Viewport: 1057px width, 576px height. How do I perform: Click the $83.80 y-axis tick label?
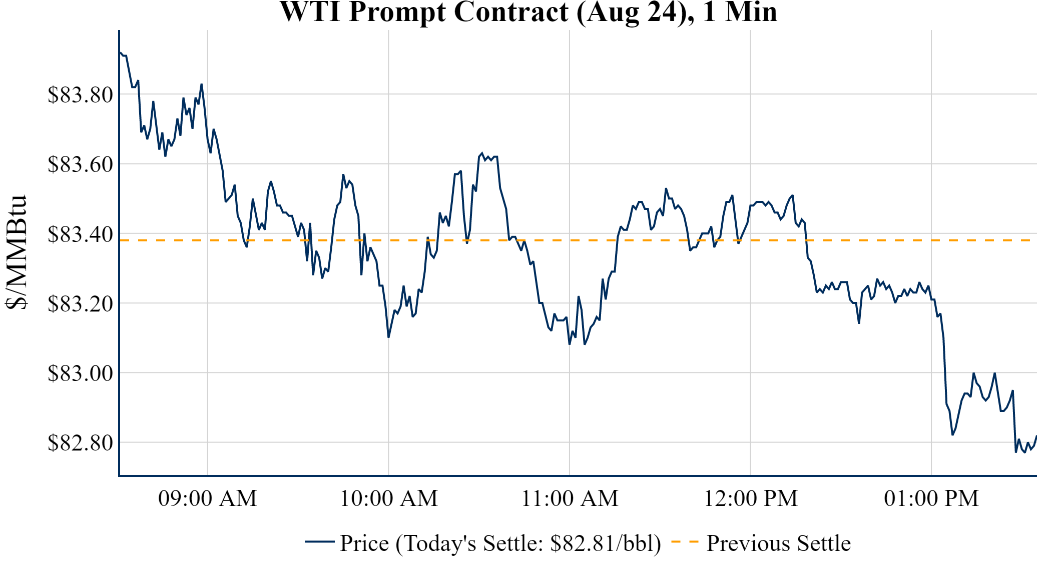coord(80,94)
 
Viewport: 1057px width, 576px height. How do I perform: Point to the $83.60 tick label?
coord(80,164)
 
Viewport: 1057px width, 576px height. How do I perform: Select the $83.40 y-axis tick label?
coord(80,234)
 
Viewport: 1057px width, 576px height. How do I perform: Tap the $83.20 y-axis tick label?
coord(80,303)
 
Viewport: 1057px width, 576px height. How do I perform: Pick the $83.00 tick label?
coord(80,373)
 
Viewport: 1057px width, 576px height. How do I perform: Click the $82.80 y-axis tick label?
coord(80,442)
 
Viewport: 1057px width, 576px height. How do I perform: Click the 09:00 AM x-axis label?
coord(208,498)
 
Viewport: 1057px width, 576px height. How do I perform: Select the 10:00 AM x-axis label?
coord(389,498)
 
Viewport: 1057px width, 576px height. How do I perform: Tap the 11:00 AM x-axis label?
coord(570,498)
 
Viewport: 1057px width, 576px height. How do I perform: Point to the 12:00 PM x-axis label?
coord(751,498)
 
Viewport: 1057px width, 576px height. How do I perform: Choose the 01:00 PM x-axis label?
coord(931,498)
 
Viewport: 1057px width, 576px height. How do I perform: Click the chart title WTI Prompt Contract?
coord(528,12)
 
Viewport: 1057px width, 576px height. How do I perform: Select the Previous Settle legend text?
coord(778,543)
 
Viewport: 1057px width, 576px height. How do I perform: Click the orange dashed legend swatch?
coord(685,542)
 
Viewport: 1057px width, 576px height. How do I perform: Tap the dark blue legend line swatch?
coord(319,542)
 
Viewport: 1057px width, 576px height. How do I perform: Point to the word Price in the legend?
coord(364,543)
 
